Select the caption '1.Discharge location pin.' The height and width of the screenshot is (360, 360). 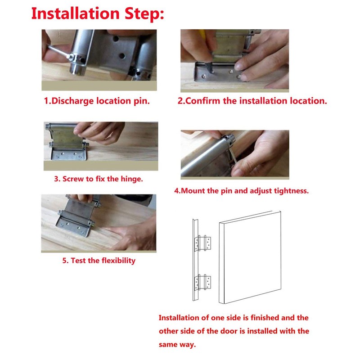[x=97, y=101]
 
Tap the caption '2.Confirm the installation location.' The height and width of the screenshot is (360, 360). [x=252, y=101]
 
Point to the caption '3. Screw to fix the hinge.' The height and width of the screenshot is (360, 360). [x=99, y=179]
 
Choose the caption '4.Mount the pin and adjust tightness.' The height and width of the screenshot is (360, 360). [x=242, y=190]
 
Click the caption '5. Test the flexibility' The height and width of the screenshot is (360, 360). [x=99, y=261]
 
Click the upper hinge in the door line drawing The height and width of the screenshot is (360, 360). [x=202, y=243]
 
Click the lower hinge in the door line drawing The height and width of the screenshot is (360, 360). [x=202, y=283]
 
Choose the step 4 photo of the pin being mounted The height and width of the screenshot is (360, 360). [x=234, y=154]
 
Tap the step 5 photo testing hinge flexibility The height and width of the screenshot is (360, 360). [x=99, y=223]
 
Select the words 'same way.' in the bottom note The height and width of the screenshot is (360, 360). [x=177, y=345]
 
